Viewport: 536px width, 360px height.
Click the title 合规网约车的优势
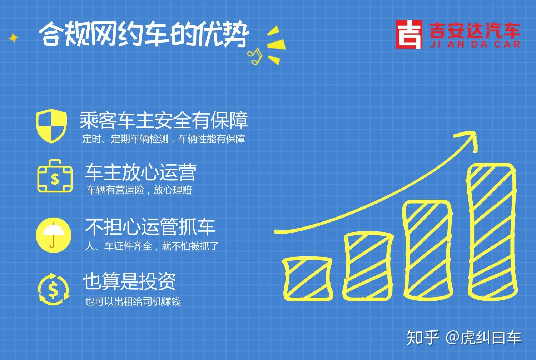(144, 34)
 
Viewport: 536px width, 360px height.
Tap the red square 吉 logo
(409, 34)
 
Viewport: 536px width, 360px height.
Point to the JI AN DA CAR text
(475, 45)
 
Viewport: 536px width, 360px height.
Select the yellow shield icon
(51, 126)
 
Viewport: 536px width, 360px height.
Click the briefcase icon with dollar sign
(55, 176)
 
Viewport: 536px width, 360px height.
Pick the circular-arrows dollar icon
(54, 289)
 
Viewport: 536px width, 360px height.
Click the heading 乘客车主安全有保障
(164, 120)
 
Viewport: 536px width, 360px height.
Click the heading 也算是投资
(129, 281)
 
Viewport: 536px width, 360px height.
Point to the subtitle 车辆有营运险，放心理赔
(139, 190)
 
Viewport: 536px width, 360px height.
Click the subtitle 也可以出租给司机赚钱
(133, 301)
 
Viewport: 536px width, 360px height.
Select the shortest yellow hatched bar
(308, 279)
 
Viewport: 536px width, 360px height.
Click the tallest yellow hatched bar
(492, 232)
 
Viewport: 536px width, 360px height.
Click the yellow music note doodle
(255, 56)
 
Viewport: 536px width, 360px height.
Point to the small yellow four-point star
(13, 38)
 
